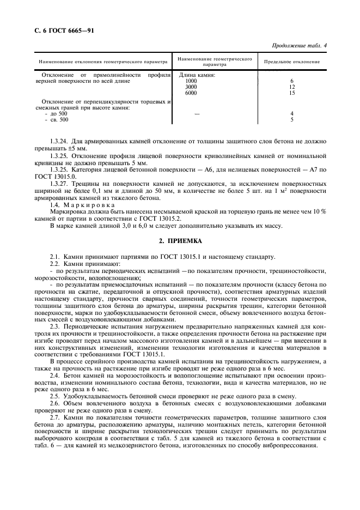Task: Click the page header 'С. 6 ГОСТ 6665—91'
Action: [60, 30]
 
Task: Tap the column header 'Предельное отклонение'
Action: [292, 62]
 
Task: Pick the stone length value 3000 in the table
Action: [191, 87]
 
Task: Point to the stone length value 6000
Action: [191, 93]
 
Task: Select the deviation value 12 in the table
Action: [292, 87]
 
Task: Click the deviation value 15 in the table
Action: [292, 93]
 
